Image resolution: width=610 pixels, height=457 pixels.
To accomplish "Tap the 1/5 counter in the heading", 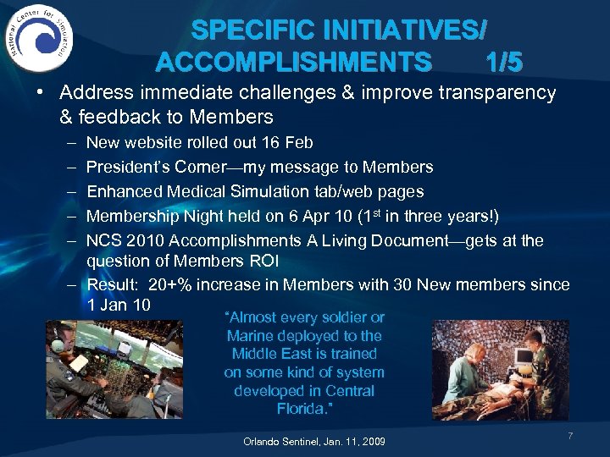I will pyautogui.click(x=504, y=63).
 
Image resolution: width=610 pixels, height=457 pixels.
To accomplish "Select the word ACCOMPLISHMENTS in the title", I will pyautogui.click(x=293, y=63).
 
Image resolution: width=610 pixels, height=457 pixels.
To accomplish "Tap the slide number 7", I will pyautogui.click(x=570, y=436).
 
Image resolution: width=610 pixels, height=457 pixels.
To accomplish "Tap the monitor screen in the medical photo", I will pyautogui.click(x=511, y=336).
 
